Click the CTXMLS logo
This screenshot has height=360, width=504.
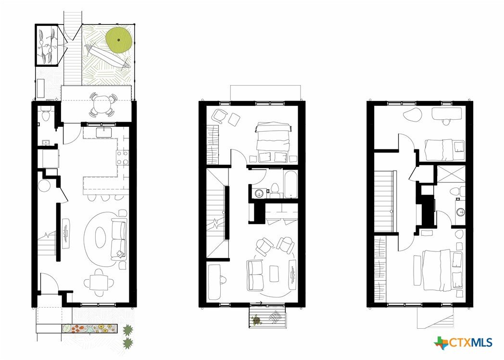pyautogui.click(x=463, y=343)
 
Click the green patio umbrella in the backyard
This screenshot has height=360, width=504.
pyautogui.click(x=119, y=39)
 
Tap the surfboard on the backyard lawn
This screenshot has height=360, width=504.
pyautogui.click(x=108, y=56)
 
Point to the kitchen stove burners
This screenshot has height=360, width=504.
pyautogui.click(x=123, y=157)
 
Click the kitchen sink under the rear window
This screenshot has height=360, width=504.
pyautogui.click(x=104, y=133)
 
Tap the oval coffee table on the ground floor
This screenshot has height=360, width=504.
pyautogui.click(x=101, y=237)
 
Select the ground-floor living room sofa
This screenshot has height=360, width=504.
pyautogui.click(x=119, y=238)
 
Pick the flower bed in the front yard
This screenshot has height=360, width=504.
pyautogui.click(x=89, y=329)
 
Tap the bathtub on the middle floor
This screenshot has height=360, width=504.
pyautogui.click(x=290, y=184)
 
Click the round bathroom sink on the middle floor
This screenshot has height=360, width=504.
pyautogui.click(x=259, y=193)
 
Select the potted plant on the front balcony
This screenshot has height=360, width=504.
pyautogui.click(x=256, y=320)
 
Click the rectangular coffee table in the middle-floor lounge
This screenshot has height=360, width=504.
pyautogui.click(x=274, y=273)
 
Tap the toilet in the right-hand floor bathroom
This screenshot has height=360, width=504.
pyautogui.click(x=457, y=192)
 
